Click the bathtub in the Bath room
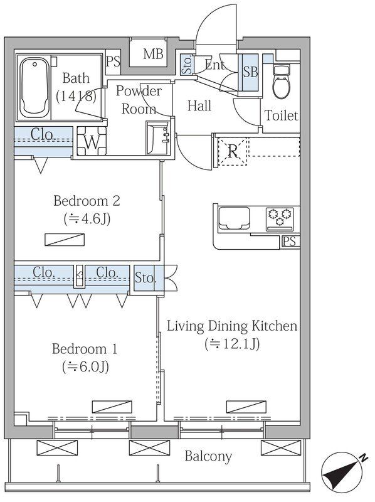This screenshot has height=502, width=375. pos(34,87)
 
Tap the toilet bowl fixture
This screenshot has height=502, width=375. pos(281,82)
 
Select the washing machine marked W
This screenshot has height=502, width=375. pos(92,141)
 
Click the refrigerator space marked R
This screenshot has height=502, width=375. pos(233,151)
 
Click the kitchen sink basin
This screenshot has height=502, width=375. pos(233,218)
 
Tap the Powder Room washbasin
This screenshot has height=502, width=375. pos(158,137)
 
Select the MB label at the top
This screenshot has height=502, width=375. pos(153,54)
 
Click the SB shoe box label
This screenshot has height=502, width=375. pos(250,72)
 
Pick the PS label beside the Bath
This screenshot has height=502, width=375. pos(113,61)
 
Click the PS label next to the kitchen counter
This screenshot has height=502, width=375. pos(289,241)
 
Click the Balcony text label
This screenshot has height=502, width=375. pos(208,456)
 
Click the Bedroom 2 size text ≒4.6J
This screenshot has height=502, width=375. pos(87,219)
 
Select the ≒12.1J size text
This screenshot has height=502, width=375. pos(232,344)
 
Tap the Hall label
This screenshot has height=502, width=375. pos(199,105)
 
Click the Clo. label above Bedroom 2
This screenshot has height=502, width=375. pos(43,134)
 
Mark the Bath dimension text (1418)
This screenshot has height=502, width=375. pos(76,96)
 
